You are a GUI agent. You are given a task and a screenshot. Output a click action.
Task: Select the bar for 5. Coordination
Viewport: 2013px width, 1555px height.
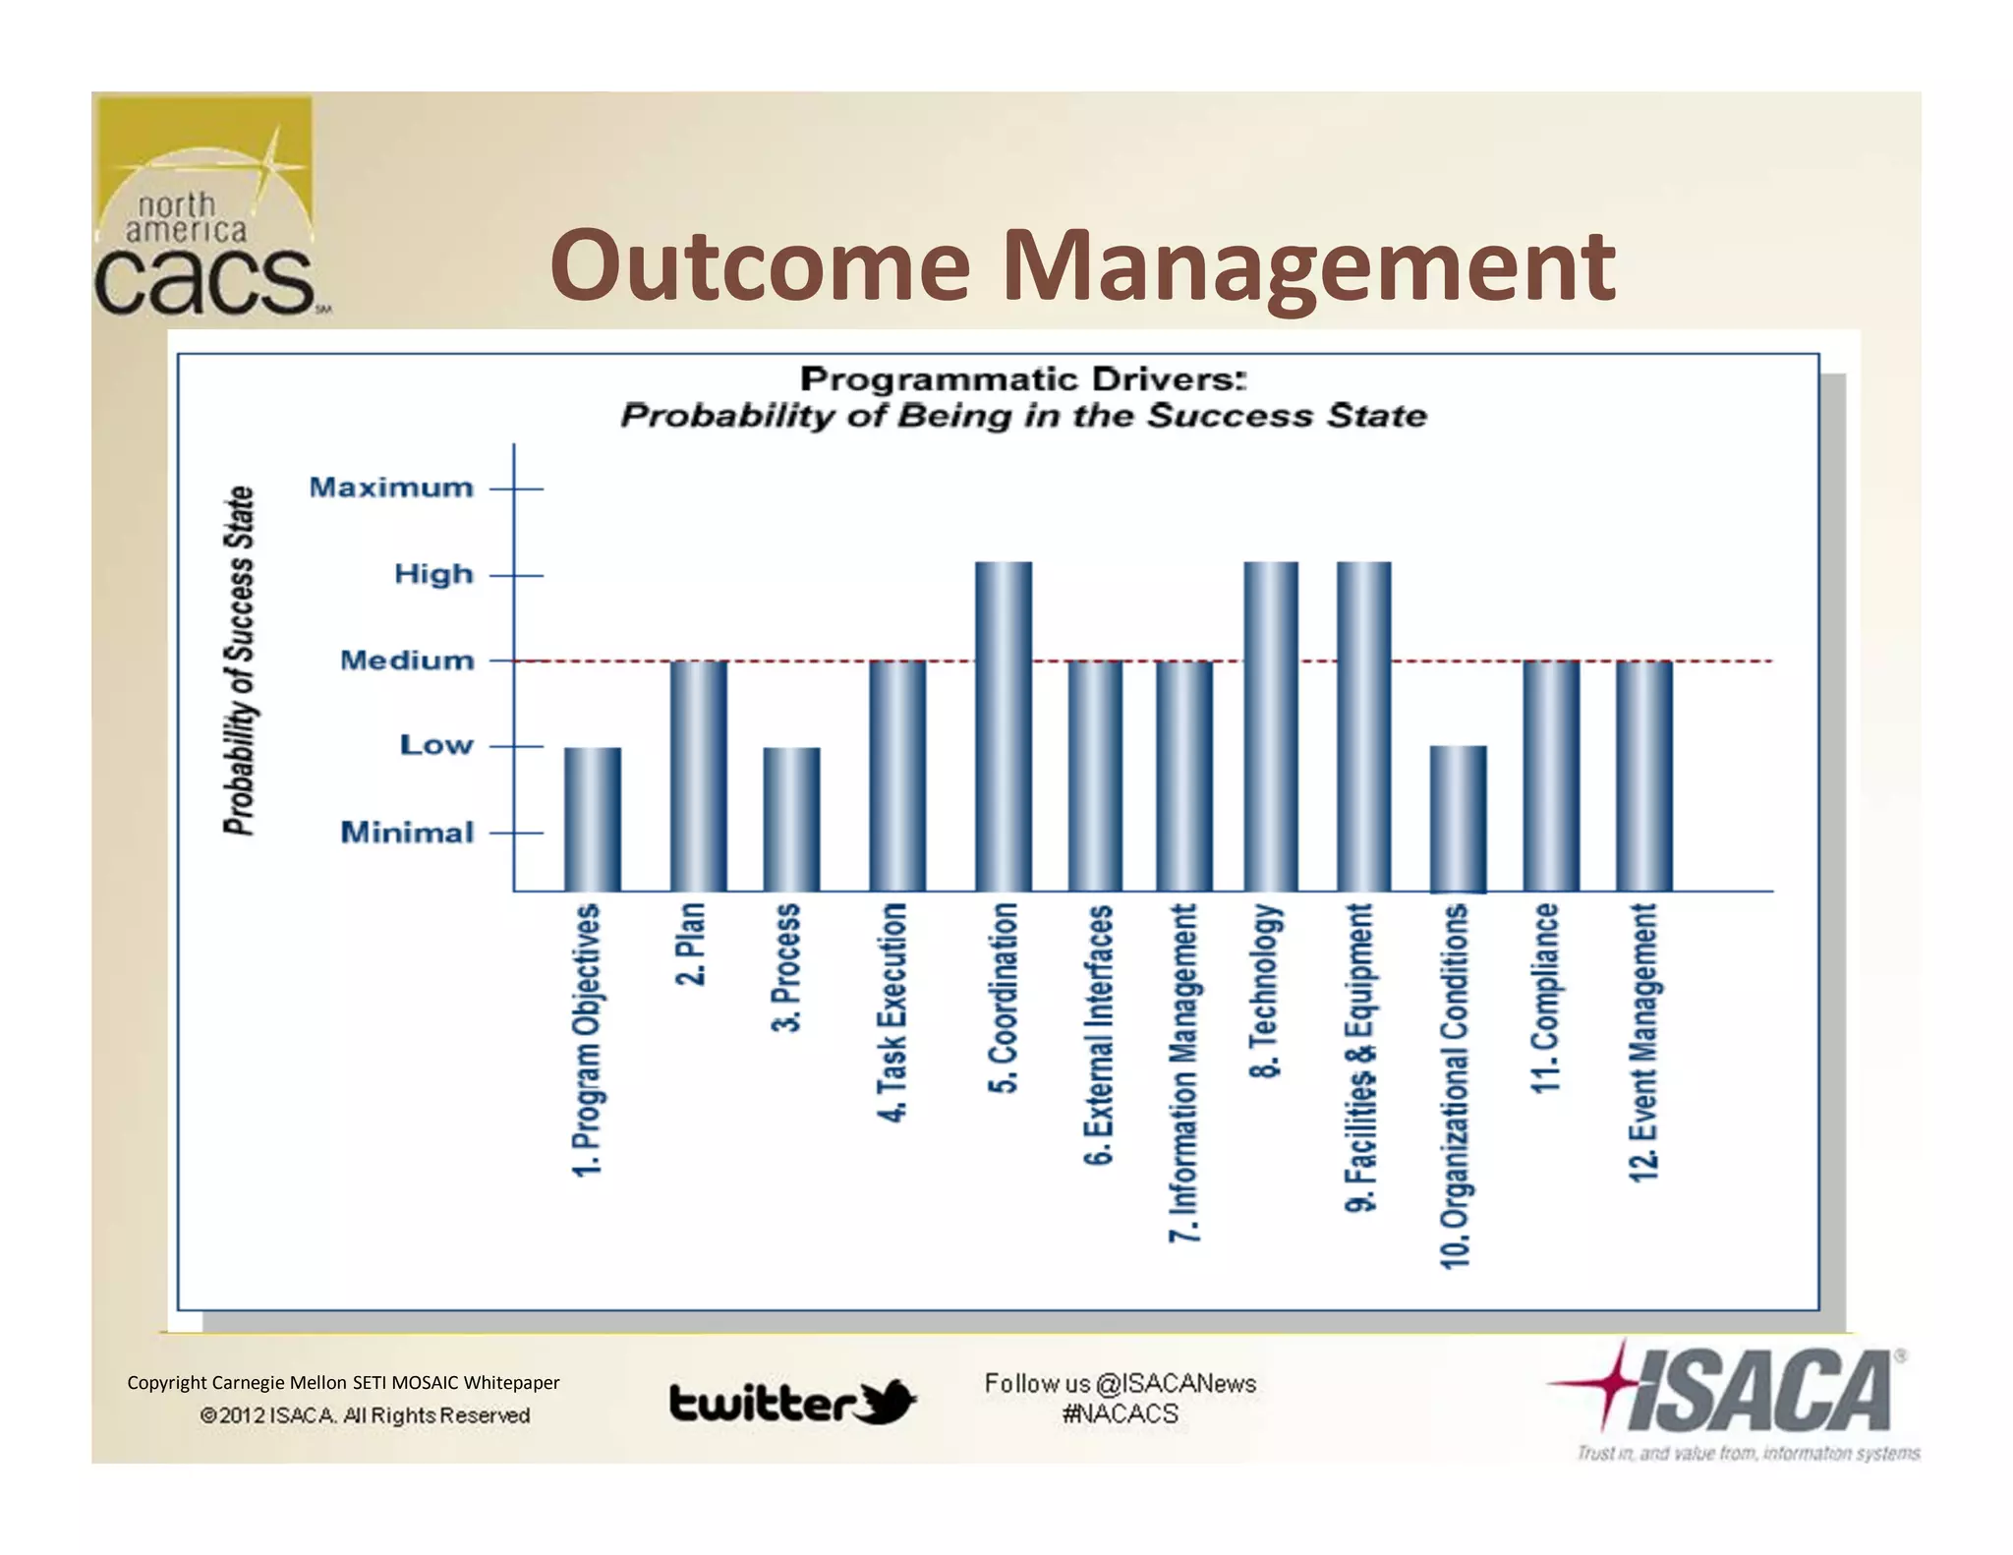point(1004,726)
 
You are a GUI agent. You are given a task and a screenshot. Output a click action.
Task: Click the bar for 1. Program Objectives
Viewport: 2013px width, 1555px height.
point(593,819)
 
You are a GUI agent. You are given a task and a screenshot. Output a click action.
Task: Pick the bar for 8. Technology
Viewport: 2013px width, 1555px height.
point(1271,726)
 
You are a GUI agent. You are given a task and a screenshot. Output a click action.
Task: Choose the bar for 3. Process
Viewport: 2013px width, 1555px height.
point(791,819)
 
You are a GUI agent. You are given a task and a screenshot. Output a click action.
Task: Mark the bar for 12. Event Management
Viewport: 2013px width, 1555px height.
point(1643,776)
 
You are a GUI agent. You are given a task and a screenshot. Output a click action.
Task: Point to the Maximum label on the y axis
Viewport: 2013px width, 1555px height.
point(391,488)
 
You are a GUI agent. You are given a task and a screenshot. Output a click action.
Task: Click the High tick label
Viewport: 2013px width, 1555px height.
point(433,574)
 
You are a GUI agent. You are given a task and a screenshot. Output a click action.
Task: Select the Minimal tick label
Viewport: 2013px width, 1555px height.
point(407,833)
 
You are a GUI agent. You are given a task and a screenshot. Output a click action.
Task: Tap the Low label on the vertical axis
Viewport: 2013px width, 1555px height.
point(436,745)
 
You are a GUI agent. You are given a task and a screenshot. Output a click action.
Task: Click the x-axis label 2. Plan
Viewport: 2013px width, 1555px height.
point(691,944)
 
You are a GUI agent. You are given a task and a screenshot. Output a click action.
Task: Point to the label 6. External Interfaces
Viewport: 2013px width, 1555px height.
point(1099,1034)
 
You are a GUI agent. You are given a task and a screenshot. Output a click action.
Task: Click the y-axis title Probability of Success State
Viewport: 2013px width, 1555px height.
point(239,660)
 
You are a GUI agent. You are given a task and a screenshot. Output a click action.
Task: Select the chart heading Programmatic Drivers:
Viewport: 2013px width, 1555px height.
point(1022,378)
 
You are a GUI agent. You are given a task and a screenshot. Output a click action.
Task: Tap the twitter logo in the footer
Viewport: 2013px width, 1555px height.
point(792,1402)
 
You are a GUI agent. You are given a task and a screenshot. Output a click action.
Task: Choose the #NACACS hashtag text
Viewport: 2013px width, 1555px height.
point(1120,1414)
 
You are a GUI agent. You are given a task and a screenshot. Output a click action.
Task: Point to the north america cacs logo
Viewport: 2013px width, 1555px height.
point(204,210)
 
